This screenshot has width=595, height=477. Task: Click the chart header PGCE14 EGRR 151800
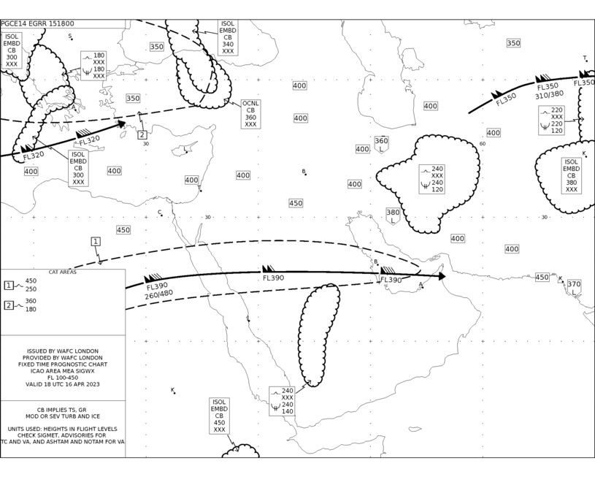tap(37, 23)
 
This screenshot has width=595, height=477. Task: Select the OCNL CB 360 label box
tap(251, 114)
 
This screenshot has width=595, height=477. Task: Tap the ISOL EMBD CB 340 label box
tap(228, 37)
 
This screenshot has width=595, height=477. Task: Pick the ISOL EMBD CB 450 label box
tap(219, 416)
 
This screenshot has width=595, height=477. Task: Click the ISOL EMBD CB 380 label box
tap(572, 175)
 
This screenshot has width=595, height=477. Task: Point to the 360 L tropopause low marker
tap(381, 145)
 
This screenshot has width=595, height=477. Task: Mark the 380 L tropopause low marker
tap(393, 216)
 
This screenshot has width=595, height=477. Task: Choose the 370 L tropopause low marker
tap(574, 288)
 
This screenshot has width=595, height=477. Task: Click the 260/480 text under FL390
tap(159, 294)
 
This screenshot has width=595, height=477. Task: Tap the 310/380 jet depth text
tap(550, 94)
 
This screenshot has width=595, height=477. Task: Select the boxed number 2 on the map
tap(142, 134)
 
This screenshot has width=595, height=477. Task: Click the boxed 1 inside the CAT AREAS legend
tap(8, 285)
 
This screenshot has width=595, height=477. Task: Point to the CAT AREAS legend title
tap(63, 272)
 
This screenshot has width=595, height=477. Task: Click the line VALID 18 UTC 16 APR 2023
tap(63, 384)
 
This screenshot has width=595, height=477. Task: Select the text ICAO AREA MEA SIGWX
tap(63, 371)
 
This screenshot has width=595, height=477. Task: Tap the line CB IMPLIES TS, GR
tap(61, 410)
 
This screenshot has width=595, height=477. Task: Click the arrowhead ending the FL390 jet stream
tap(442, 276)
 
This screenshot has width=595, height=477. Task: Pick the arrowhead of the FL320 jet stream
tap(122, 123)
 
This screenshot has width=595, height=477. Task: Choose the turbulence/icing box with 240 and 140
tap(282, 401)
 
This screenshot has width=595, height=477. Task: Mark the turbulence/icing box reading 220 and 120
tap(551, 121)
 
